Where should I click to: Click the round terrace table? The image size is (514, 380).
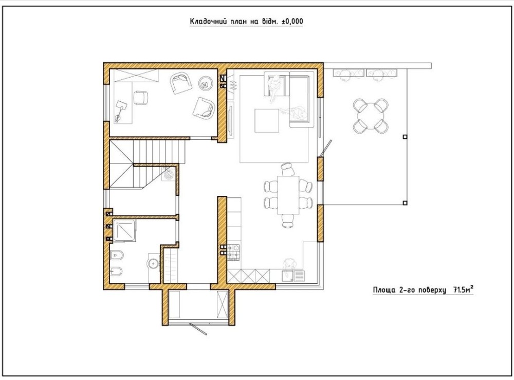coord(371,116)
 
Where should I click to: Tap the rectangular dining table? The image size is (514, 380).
coord(288,195)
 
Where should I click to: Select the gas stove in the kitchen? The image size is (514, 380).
coord(233,252)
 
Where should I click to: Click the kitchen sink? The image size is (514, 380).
coord(288,276)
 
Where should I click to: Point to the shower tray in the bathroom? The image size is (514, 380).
coord(124,231)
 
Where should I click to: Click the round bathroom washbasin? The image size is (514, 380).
coord(153,263)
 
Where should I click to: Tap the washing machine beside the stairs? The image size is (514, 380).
coord(169,174)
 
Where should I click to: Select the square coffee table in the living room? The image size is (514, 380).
coord(267,121)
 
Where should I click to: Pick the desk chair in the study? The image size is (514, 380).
coord(141,98)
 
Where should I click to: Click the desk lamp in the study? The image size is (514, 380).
coord(120,111)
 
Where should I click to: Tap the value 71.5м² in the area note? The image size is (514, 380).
coord(464,290)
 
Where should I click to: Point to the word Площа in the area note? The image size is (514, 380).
coord(384,290)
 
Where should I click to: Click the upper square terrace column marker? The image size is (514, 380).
coord(405,137)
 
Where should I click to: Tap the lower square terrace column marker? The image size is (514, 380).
coord(405,203)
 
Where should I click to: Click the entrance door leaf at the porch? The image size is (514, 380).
coord(198,329)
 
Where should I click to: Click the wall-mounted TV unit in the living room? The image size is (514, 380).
coord(230,119)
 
